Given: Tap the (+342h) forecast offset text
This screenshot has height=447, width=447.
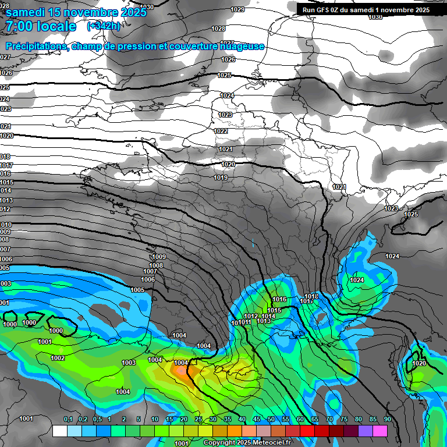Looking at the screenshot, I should (104, 26).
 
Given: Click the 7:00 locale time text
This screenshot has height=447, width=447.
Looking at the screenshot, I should (41, 26).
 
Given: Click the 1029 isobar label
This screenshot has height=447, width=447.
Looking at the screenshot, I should (237, 9).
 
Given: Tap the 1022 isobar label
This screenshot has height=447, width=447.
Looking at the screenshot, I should (221, 131).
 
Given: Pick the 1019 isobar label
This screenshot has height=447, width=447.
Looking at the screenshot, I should (221, 178).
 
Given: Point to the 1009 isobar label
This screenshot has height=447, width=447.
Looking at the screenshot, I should (158, 257).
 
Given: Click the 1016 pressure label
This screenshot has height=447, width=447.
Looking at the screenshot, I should (279, 299).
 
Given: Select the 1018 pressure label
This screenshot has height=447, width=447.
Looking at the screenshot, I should (311, 296).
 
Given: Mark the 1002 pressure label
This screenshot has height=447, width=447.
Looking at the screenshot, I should (58, 358).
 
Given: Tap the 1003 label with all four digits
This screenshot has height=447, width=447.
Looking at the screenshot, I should (129, 363).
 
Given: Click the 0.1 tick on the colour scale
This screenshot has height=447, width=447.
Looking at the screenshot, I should (68, 419).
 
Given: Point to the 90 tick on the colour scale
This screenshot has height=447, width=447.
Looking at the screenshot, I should (387, 419).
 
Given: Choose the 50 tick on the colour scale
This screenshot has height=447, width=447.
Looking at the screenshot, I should (271, 419).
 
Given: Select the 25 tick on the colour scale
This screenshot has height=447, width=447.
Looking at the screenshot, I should (198, 419).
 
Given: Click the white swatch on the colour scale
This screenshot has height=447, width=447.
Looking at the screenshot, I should (59, 431).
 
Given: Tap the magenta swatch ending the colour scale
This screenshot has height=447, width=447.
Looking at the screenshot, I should (380, 431).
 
